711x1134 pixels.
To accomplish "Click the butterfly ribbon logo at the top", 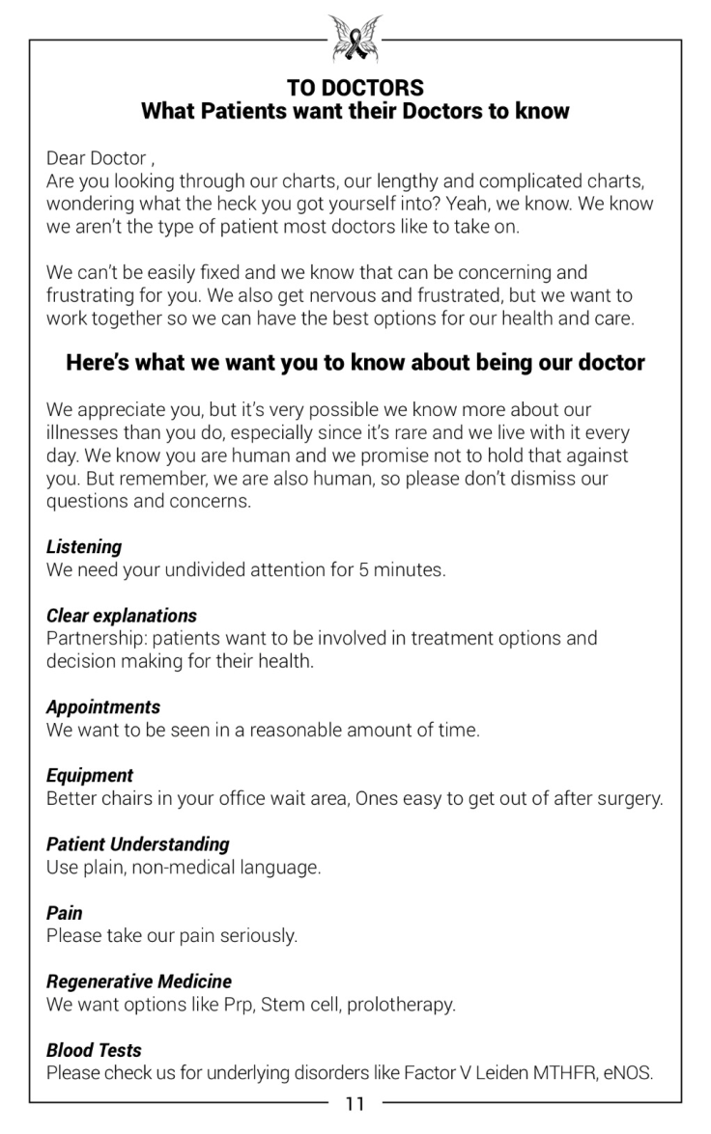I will (x=355, y=39).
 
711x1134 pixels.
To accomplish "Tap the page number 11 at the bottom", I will (x=355, y=1104).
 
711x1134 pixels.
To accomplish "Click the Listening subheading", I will (x=84, y=546).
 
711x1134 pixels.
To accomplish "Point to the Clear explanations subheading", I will (x=122, y=615).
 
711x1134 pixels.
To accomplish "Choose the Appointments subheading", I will (x=103, y=706).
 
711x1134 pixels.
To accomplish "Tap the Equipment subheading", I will (x=90, y=775).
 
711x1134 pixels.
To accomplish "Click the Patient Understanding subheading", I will (x=138, y=844).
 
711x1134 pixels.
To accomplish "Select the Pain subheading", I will (x=65, y=912).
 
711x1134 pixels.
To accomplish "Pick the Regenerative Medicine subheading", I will (x=139, y=981).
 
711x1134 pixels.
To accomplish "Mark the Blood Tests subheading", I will (x=94, y=1049).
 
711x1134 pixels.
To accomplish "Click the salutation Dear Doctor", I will (x=97, y=157).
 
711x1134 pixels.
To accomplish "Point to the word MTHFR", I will (x=563, y=1072).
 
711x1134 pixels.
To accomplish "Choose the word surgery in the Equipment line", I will (x=631, y=798).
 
